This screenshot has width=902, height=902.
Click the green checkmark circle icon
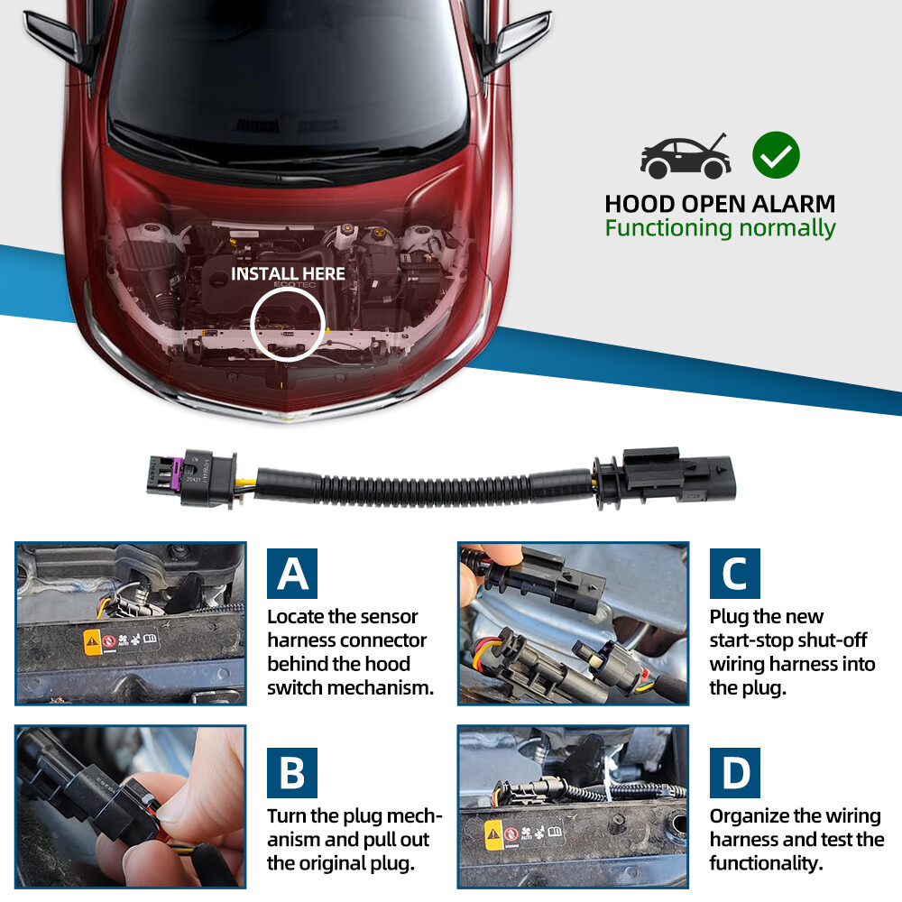point(776,155)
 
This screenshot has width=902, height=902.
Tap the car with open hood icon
point(686,158)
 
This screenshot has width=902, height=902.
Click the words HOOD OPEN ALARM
point(720,204)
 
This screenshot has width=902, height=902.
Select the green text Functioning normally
point(720,228)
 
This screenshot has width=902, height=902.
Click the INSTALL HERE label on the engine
point(288,273)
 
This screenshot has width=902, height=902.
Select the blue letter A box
point(291,574)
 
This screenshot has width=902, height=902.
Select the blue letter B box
point(291,773)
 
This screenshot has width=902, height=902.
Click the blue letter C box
point(734,574)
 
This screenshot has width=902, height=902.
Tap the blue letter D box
point(734,773)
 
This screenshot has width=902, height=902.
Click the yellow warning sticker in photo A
point(92,642)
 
